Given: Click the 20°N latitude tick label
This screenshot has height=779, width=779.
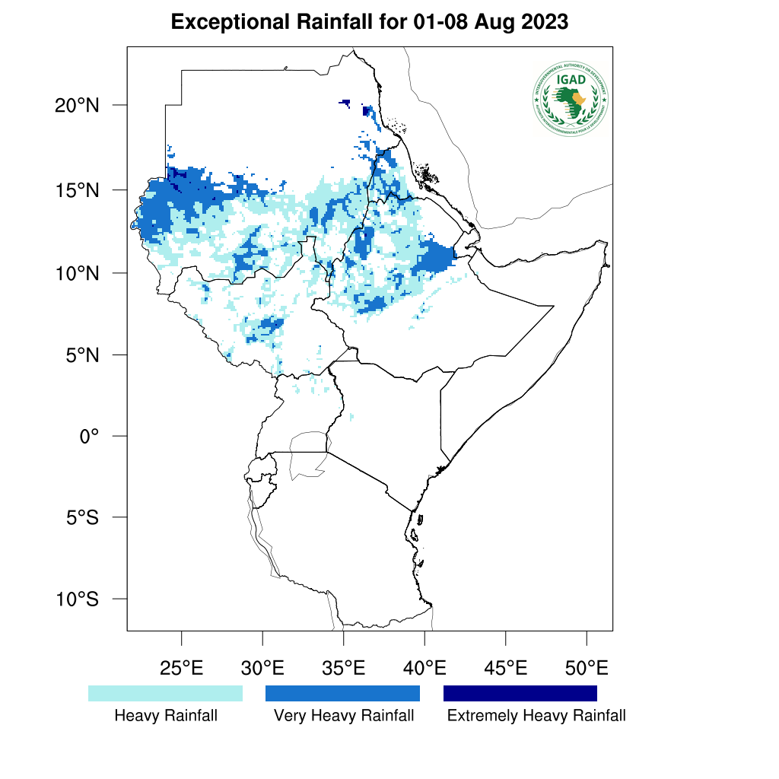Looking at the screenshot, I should click(77, 105).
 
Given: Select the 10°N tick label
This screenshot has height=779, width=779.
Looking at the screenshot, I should click(77, 272).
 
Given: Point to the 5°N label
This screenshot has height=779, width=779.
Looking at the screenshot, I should click(81, 355).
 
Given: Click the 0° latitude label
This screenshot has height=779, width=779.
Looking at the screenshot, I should click(91, 437).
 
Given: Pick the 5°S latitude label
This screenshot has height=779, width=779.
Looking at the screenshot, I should click(81, 518).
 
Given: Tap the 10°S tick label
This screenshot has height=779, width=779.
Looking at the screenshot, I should click(77, 599).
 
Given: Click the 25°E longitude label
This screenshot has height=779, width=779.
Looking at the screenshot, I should click(181, 669).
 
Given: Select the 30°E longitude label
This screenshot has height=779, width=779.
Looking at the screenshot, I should click(262, 669).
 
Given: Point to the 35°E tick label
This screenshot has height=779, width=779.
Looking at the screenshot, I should click(344, 669).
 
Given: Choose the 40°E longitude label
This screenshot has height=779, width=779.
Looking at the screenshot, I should click(424, 669).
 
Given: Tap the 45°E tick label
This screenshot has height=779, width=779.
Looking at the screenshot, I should click(506, 669).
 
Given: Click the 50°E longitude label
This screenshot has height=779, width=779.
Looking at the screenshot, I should click(587, 669).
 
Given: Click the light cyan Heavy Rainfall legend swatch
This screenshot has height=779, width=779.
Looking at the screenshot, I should click(165, 693).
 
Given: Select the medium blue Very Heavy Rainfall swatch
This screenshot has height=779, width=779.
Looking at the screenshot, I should click(342, 693).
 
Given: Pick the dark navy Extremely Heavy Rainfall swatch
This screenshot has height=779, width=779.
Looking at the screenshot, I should click(520, 693).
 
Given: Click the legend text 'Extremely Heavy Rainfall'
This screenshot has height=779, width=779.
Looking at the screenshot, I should click(536, 716).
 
